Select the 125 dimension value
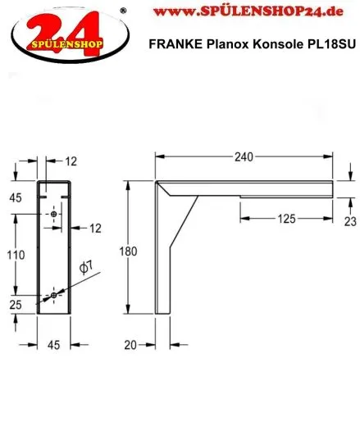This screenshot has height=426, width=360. coord(285,219)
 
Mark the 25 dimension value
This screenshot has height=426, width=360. coord(15,305)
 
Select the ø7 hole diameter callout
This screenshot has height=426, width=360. coord(85,267)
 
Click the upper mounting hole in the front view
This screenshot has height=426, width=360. coord(54,214)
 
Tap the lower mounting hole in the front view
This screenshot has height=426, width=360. coord(54,294)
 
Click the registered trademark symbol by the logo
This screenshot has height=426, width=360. coord(123,11)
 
